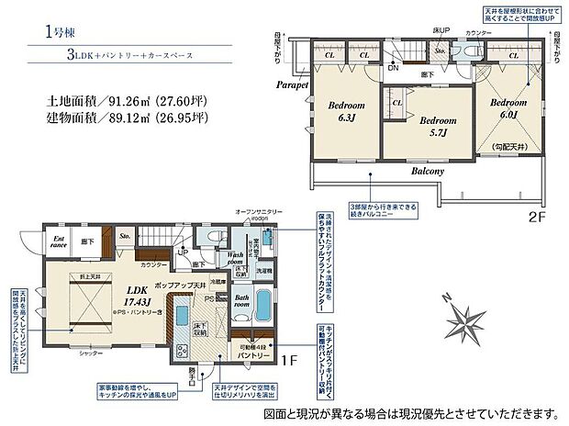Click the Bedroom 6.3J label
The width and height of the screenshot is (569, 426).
[347, 111]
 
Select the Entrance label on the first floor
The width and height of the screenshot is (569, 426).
[59, 241]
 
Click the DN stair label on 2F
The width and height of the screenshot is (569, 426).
[392, 68]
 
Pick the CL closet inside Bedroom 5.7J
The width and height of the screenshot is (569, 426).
[397, 103]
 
